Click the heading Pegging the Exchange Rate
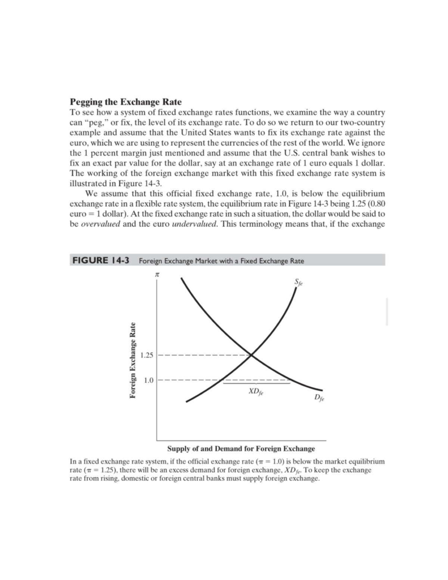coord(126,102)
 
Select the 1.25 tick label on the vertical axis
coord(147,355)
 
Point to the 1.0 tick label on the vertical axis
coord(149,381)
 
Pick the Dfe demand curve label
coord(319,398)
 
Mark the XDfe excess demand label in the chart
coord(256,392)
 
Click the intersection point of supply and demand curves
coord(251,355)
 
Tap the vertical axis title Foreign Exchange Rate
coord(132,360)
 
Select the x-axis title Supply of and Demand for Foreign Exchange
coord(241,449)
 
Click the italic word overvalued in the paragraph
coord(100,224)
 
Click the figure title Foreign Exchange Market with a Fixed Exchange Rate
coord(221,261)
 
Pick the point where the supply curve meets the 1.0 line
coord(223,381)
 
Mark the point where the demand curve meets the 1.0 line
coord(290,381)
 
